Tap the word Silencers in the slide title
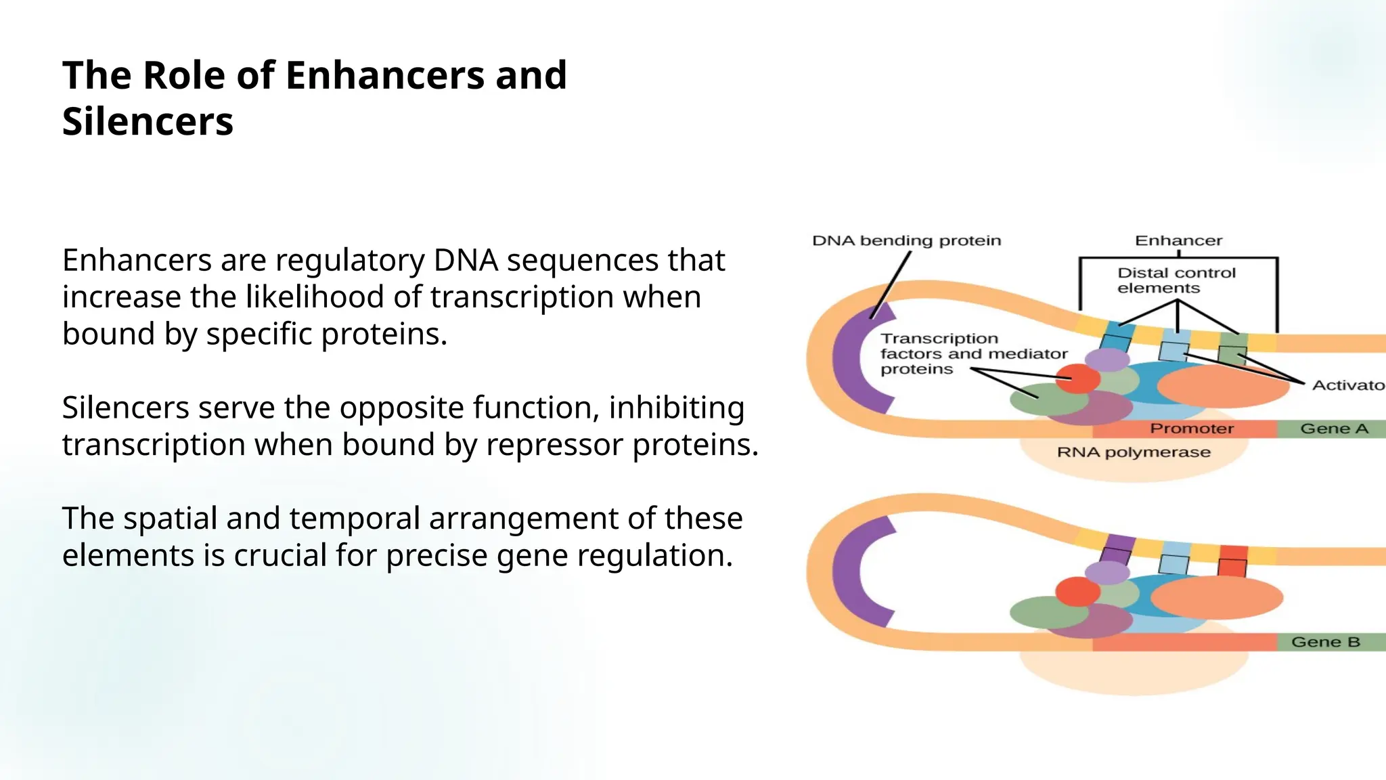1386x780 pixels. [x=148, y=122]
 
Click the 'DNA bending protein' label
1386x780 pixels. [x=906, y=241]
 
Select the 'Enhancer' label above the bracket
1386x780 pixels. [x=1178, y=241]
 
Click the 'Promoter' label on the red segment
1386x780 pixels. [x=1192, y=429]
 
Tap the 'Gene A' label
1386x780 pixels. [x=1334, y=429]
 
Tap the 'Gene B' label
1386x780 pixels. [x=1325, y=642]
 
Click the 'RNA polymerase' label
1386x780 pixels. [x=1134, y=452]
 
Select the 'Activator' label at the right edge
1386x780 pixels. [x=1347, y=385]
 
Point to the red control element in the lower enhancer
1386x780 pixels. [x=1233, y=561]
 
